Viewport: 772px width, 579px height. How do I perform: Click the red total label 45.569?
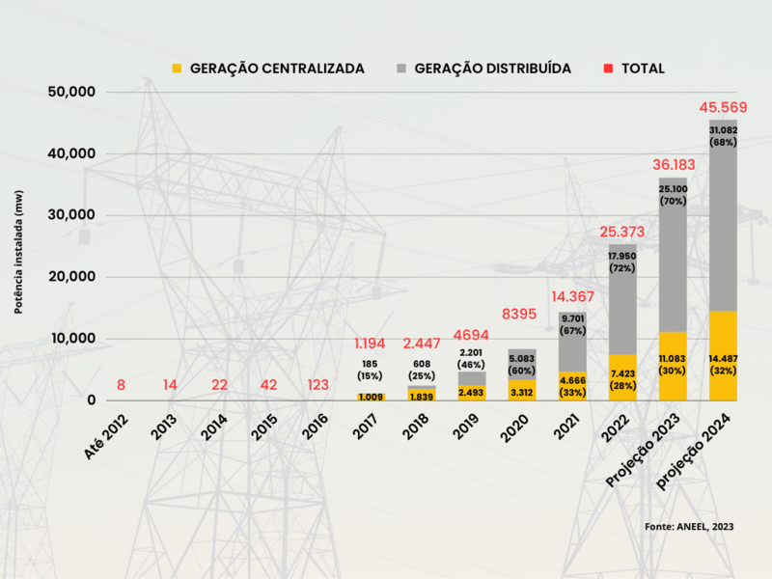pyautogui.click(x=722, y=107)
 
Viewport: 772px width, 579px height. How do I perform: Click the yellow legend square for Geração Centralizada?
pyautogui.click(x=176, y=69)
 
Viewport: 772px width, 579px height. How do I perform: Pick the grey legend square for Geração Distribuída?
pyautogui.click(x=400, y=69)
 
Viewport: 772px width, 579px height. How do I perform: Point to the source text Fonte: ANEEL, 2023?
pyautogui.click(x=689, y=526)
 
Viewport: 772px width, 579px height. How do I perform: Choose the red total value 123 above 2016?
pyautogui.click(x=319, y=385)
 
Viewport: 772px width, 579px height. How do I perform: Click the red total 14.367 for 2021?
pyautogui.click(x=571, y=297)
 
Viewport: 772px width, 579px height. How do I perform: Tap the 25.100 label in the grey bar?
pyautogui.click(x=673, y=190)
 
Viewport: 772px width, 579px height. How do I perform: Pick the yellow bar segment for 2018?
pyautogui.click(x=421, y=395)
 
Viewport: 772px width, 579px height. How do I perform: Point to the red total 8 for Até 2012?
pyautogui.click(x=121, y=385)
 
